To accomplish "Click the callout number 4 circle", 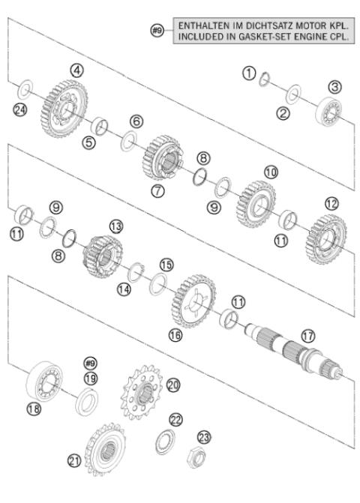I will click(76, 69).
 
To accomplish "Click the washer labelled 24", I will click(25, 91).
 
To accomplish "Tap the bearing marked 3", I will click(328, 111).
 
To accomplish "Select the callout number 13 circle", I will click(115, 226).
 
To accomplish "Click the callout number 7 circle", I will click(158, 191).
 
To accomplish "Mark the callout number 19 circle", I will click(91, 378).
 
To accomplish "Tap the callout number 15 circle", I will click(166, 265).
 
